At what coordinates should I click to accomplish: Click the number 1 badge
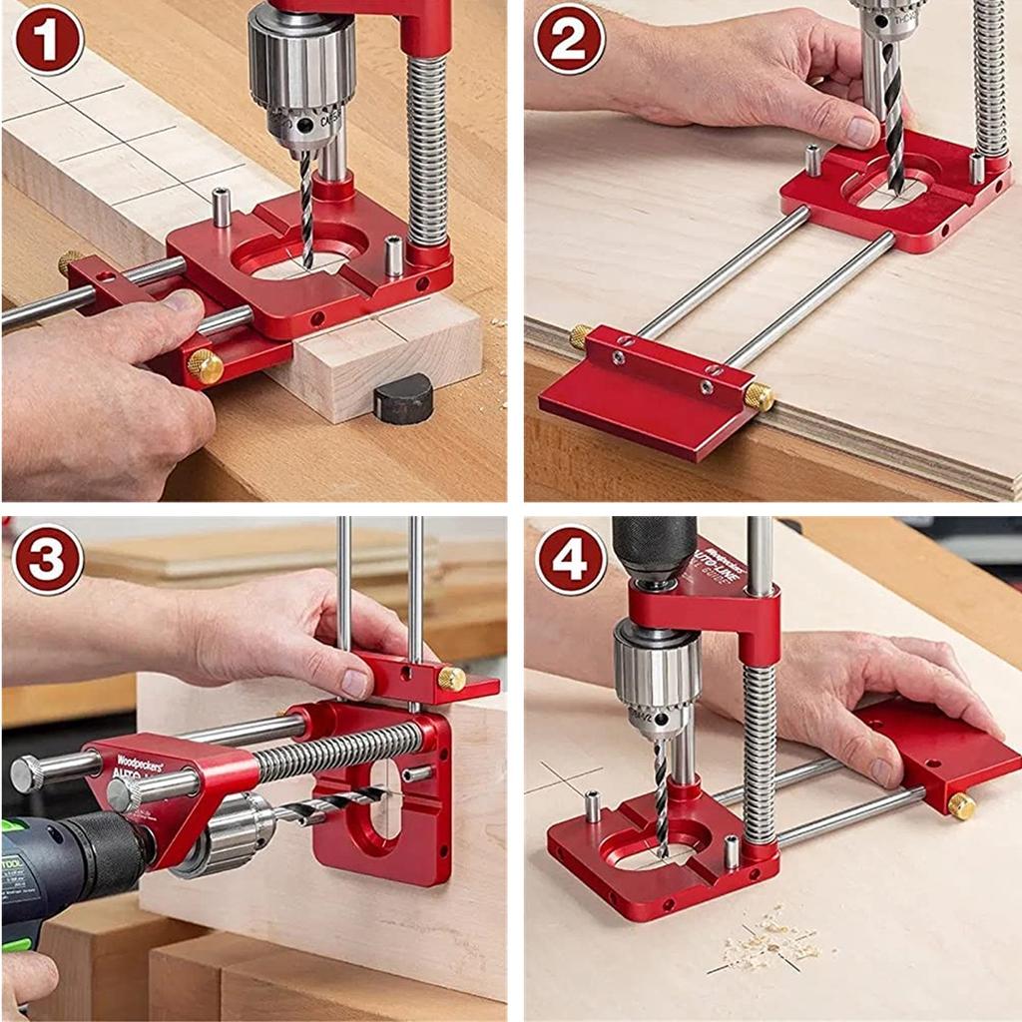coord(47,39)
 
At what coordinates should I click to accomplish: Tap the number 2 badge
coord(569,39)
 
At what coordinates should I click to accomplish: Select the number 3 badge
coord(47,559)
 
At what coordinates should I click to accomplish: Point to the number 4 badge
coord(570,559)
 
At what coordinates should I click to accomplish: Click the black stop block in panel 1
coord(403,399)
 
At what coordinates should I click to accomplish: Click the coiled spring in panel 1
coord(427,150)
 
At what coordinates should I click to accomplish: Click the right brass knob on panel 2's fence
coord(758,396)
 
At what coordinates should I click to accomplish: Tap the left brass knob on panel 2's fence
coord(580,336)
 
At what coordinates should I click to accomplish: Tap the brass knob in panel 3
coord(451,679)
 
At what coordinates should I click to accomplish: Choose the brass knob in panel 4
coord(961,805)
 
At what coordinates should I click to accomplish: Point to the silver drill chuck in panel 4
coord(654,679)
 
